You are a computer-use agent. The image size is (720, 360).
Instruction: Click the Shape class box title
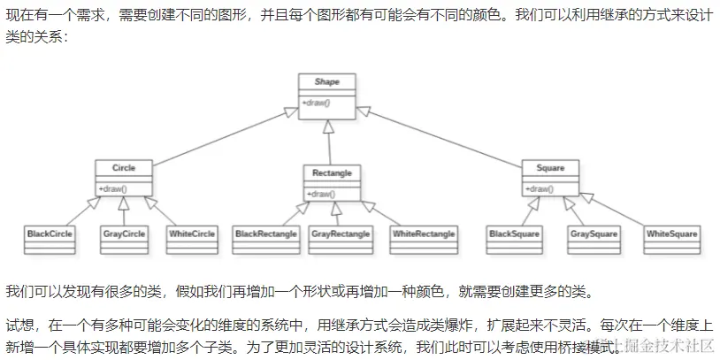(328, 82)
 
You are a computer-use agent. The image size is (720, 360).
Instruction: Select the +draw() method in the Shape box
(316, 103)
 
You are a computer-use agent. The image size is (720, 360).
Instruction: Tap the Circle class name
(123, 167)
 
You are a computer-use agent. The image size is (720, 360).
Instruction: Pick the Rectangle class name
(332, 172)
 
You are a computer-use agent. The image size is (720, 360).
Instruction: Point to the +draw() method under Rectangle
(320, 194)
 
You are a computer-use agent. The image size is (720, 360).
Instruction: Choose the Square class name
(550, 167)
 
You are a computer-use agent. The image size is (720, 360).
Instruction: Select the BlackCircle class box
(50, 234)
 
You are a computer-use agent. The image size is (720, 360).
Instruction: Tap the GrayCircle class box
(123, 234)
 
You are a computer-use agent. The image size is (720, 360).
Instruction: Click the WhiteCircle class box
(191, 234)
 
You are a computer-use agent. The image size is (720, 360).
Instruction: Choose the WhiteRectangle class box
(424, 234)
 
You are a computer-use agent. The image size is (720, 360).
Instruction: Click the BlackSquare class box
(515, 234)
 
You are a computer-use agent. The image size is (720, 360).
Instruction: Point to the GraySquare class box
(592, 234)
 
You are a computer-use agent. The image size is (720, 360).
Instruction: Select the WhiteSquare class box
(672, 234)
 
